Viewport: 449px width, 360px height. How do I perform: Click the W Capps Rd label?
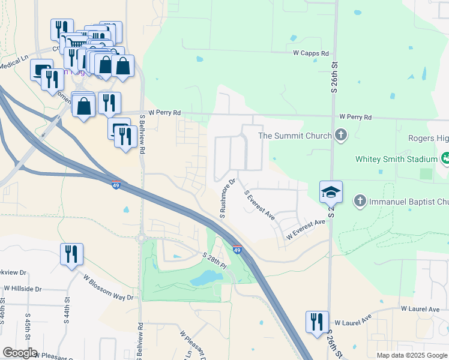click(311, 53)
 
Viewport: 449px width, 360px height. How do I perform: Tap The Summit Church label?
click(295, 136)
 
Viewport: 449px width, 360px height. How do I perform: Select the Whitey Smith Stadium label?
click(396, 159)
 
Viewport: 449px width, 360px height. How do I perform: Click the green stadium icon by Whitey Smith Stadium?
click(445, 158)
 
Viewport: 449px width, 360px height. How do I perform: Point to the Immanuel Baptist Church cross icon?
click(360, 200)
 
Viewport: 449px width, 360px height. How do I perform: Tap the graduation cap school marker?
click(331, 192)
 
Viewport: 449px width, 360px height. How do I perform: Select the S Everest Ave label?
click(259, 205)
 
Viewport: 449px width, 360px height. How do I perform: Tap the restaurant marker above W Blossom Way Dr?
click(71, 254)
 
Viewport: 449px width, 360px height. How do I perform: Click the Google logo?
click(20, 353)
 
